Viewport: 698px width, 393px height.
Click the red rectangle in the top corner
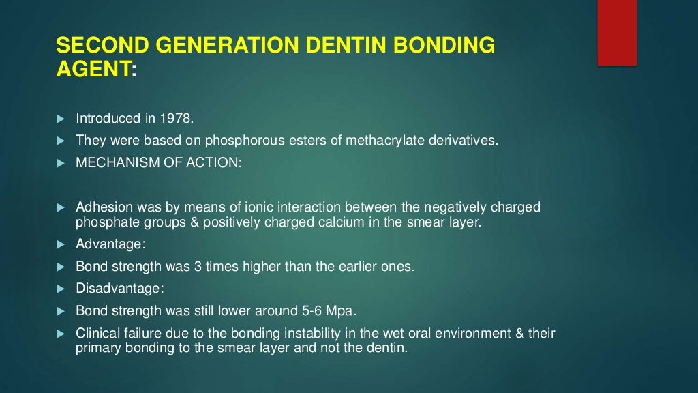[x=617, y=32]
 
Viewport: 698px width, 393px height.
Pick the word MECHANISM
[x=112, y=164]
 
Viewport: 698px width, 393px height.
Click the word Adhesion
[x=100, y=207]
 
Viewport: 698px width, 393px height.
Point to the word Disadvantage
[x=114, y=289]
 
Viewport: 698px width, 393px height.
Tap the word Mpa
[x=342, y=311]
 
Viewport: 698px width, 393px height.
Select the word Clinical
[x=97, y=334]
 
